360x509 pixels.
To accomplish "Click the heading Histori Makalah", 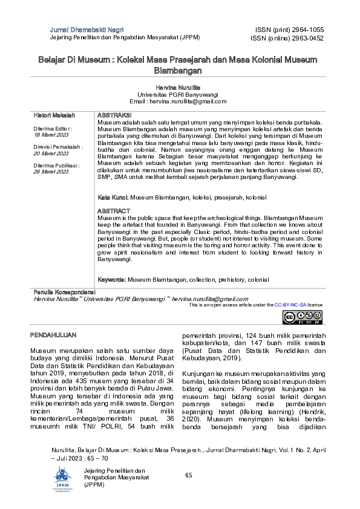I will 54,115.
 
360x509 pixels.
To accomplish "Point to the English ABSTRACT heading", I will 114,211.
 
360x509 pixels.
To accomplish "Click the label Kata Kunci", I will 113,198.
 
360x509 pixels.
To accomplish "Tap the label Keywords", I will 112,280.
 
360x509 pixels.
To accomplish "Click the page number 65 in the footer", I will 189,476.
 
